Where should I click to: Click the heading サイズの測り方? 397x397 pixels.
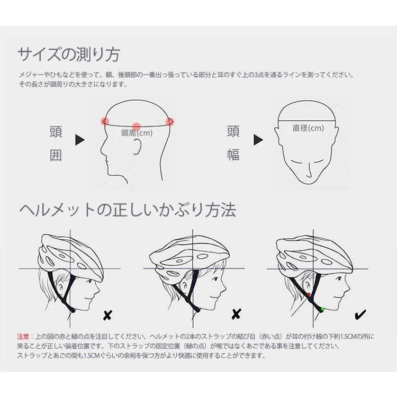click(x=69, y=55)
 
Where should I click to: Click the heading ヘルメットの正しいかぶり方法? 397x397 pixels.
click(x=127, y=210)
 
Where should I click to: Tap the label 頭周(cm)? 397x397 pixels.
click(x=137, y=133)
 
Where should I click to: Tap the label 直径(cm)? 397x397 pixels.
click(x=308, y=128)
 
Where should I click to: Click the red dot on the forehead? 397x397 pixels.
click(x=105, y=122)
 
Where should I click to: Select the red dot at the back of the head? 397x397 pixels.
click(x=170, y=122)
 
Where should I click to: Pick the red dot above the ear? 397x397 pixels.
click(x=137, y=126)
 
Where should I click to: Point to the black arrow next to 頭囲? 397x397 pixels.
click(x=80, y=140)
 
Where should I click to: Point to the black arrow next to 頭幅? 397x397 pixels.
click(x=258, y=140)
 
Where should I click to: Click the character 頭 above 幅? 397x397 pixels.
click(x=233, y=131)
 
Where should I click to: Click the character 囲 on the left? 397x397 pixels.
click(x=56, y=155)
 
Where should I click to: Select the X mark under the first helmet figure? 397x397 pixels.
click(x=107, y=316)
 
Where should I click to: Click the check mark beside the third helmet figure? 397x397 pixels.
click(x=360, y=315)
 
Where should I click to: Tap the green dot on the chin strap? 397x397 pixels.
click(x=321, y=308)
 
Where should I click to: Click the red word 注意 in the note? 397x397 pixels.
click(x=24, y=336)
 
